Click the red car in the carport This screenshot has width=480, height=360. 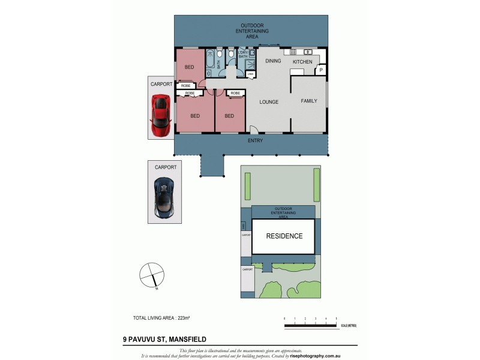pyautogui.click(x=160, y=116)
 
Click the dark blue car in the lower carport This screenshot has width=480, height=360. pyautogui.click(x=164, y=197)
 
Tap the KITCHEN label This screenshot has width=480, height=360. pyautogui.click(x=302, y=62)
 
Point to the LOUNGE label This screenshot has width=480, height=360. pyautogui.click(x=268, y=102)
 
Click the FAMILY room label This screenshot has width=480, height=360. pyautogui.click(x=309, y=101)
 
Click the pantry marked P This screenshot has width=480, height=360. pyautogui.click(x=321, y=70)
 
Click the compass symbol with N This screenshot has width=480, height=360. pyautogui.click(x=151, y=275)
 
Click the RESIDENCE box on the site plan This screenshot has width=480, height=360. pyautogui.click(x=284, y=236)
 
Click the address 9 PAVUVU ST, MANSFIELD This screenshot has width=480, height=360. pyautogui.click(x=164, y=340)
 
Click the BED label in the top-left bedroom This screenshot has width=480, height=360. pyautogui.click(x=189, y=67)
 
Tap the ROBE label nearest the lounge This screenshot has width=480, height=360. pyautogui.click(x=235, y=93)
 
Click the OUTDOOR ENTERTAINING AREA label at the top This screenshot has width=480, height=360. pyautogui.click(x=252, y=31)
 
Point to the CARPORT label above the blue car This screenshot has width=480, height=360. pyautogui.click(x=166, y=167)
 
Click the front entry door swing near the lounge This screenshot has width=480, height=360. pyautogui.click(x=253, y=129)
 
